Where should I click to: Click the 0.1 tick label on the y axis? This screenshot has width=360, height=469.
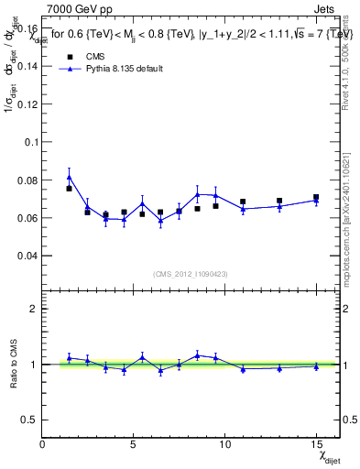(x=30, y=142)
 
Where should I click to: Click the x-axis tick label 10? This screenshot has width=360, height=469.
(x=224, y=445)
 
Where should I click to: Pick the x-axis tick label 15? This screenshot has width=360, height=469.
(x=316, y=445)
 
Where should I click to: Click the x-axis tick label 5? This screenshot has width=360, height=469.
(x=134, y=445)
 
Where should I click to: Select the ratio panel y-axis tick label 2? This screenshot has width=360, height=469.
(x=33, y=309)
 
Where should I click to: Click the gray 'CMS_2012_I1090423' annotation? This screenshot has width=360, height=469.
(x=191, y=274)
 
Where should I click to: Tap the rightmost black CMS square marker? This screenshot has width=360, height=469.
(x=316, y=197)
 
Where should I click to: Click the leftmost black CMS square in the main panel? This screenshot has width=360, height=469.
(x=69, y=189)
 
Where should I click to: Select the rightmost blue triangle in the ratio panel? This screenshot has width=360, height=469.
(x=316, y=366)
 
